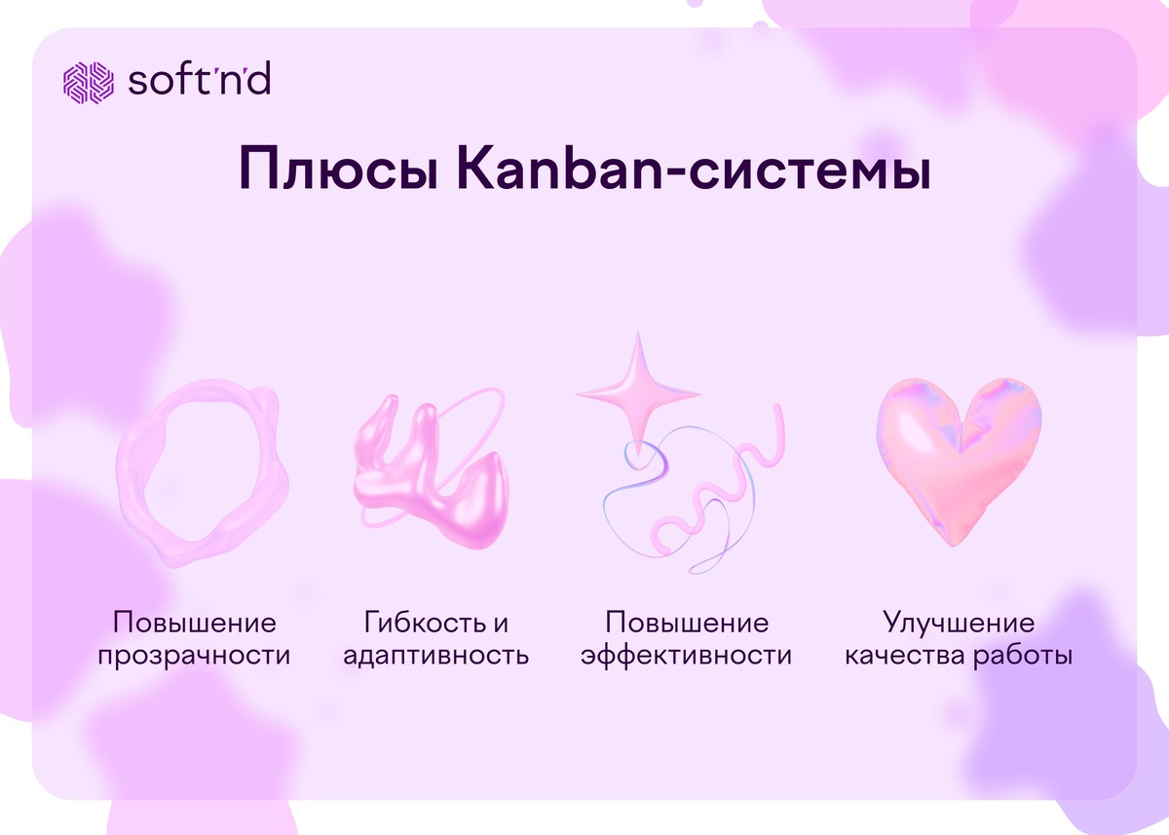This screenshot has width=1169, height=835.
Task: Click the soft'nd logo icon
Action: pyautogui.click(x=89, y=82)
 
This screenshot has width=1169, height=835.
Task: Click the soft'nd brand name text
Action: pyautogui.click(x=199, y=81)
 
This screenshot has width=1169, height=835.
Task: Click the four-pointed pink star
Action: pyautogui.click(x=638, y=390)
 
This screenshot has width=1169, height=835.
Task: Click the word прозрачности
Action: pyautogui.click(x=194, y=655)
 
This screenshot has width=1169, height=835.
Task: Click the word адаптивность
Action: pyautogui.click(x=436, y=655)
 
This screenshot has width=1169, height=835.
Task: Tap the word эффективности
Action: pyautogui.click(x=687, y=655)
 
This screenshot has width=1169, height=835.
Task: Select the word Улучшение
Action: pyautogui.click(x=959, y=623)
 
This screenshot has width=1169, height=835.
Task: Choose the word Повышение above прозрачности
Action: pyautogui.click(x=194, y=623)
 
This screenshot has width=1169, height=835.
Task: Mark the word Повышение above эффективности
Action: pyautogui.click(x=687, y=623)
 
